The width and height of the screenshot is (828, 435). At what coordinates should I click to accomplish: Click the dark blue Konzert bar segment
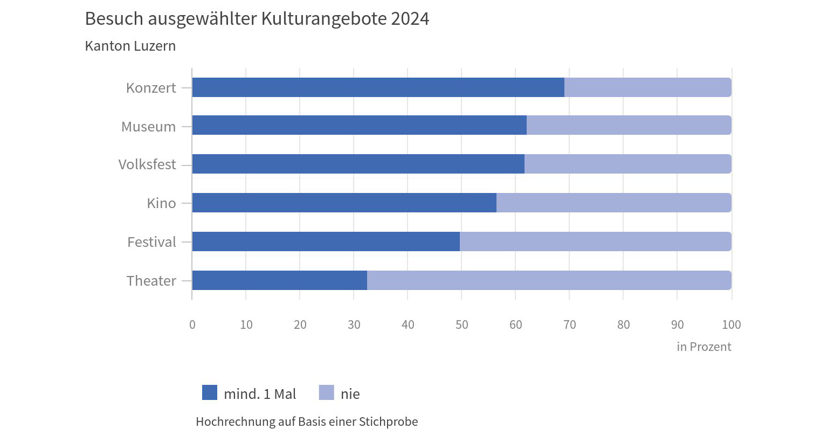[x=378, y=87]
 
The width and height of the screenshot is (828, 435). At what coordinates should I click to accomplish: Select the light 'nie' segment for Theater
[x=549, y=280]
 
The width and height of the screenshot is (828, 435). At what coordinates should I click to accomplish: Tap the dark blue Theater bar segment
[x=279, y=280]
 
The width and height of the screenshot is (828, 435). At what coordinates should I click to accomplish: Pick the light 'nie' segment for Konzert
[x=647, y=87]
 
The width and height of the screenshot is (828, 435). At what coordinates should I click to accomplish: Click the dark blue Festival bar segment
[x=326, y=241]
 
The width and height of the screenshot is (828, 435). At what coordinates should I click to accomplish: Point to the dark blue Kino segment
[x=344, y=203]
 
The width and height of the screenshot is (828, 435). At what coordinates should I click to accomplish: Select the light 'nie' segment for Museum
[x=629, y=125]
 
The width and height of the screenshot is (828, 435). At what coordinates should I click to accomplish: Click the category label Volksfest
[x=147, y=164]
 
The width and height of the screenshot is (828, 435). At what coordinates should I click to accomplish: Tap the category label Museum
[x=148, y=127]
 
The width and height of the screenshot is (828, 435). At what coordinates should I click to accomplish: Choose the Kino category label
[x=161, y=203]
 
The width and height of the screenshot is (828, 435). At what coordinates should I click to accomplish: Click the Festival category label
[x=151, y=242]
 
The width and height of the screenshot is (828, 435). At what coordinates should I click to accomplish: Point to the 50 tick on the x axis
[x=461, y=324]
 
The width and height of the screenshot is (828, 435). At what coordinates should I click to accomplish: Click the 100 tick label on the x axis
[x=731, y=324]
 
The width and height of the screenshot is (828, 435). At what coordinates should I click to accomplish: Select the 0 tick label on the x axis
[x=192, y=324]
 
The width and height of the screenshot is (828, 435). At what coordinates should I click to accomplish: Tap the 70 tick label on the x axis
[x=569, y=324]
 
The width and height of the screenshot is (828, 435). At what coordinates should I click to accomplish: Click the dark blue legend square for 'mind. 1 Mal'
[x=210, y=393]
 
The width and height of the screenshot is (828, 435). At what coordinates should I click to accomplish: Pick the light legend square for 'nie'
[x=326, y=393]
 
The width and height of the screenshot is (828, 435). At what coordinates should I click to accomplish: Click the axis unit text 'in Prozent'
[x=703, y=347]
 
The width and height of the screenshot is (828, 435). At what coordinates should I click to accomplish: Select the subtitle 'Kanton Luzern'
[x=130, y=46]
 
